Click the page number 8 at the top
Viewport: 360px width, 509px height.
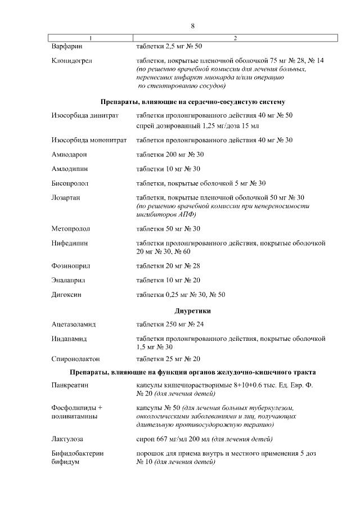click(x=192, y=26)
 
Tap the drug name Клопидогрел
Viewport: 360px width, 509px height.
click(x=71, y=60)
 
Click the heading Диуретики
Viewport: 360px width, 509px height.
click(x=192, y=311)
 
